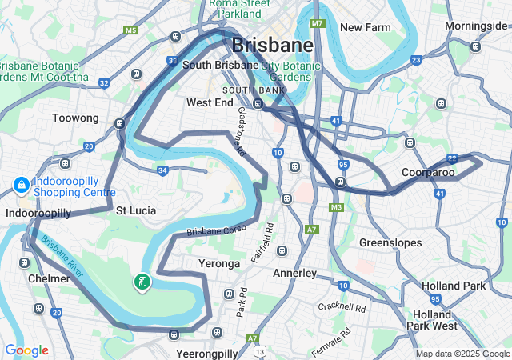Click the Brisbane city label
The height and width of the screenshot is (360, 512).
pos(272,44)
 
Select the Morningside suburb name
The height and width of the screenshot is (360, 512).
pos(476,26)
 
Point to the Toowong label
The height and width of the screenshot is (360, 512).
pos(75,118)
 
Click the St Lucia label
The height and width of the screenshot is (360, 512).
pos(135,210)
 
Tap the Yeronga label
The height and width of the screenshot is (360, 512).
pos(218,263)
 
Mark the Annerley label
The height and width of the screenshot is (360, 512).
pos(295,273)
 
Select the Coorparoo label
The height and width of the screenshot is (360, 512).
pos(427,172)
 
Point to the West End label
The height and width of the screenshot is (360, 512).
pos(209,102)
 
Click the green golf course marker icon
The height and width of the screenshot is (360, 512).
pos(142,282)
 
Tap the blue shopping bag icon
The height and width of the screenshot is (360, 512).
pos(20,186)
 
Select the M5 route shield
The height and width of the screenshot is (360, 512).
pos(130,30)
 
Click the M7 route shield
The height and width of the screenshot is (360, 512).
pos(318,23)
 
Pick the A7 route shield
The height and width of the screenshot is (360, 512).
pos(312,229)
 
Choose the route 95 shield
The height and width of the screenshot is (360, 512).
pos(342,165)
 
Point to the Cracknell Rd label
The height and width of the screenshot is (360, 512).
pos(342,307)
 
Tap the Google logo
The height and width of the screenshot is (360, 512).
pos(26,350)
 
